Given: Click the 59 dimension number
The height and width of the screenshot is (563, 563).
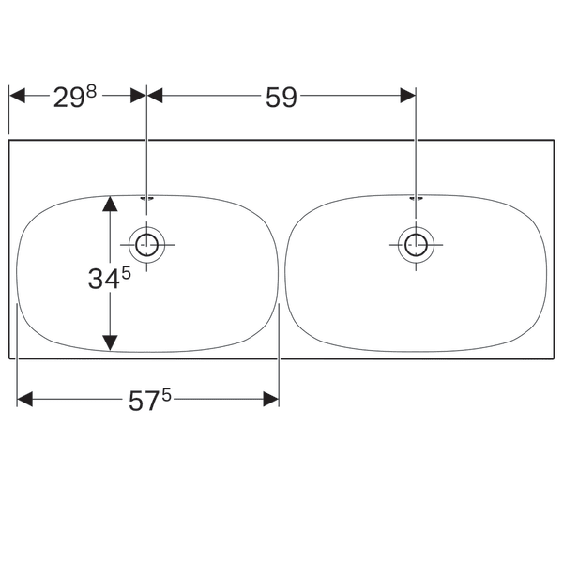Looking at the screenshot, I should coord(280,98).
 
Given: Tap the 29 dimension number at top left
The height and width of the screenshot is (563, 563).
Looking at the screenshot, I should coord(68,98).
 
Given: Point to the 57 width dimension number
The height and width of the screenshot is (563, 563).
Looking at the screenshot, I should coord(143,401).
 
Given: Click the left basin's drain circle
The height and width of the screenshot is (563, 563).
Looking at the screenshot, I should coord(146,246).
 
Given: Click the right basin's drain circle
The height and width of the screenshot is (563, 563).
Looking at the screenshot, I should coord(415,246).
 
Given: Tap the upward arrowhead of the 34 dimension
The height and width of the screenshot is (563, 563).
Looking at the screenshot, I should coord(111,204).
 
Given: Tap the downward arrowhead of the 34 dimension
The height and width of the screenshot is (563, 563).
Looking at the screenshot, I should coord(111,342).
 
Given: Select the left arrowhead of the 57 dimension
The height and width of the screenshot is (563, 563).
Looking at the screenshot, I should coord(25,399).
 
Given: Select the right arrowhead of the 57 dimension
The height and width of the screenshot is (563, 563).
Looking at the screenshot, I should coord(271,399).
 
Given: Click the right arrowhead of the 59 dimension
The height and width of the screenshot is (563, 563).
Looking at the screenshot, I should coord(407,95).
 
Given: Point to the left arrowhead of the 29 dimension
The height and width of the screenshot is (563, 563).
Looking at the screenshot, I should coord(17,95).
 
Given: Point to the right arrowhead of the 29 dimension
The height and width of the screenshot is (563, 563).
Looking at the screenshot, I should coord(139,95).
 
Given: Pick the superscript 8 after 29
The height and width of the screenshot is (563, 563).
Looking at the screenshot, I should coord(92,92).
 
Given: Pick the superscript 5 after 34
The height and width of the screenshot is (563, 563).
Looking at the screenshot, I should coord(124,273).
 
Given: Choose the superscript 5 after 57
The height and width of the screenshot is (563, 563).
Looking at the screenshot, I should coord(166,394).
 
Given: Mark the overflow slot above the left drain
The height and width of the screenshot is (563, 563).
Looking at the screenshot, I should coord(146,198).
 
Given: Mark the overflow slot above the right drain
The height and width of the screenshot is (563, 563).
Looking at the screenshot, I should coord(416,198).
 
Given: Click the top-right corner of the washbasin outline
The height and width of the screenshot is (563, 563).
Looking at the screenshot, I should coord(554,141).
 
